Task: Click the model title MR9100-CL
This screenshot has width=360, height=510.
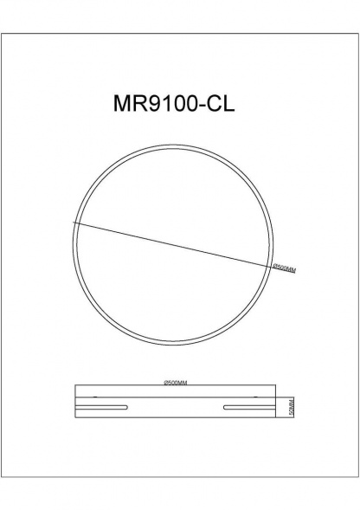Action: pyautogui.click(x=174, y=104)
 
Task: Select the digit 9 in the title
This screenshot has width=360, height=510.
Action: pyautogui.click(x=154, y=104)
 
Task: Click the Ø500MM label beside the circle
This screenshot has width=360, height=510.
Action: pyautogui.click(x=285, y=268)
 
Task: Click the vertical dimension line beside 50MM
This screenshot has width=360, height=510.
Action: pyautogui.click(x=286, y=407)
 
